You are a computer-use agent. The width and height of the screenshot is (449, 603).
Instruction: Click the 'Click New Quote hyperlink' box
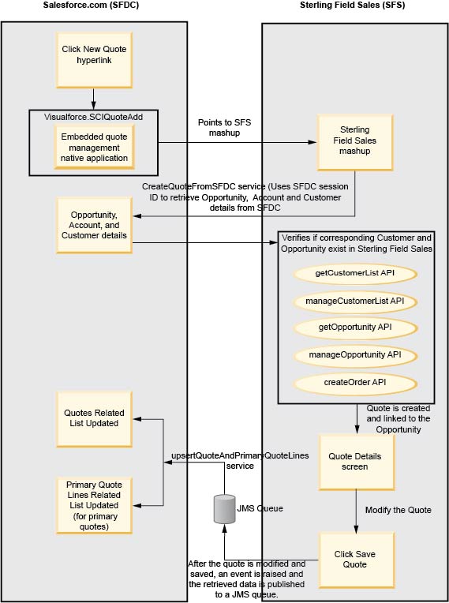94,55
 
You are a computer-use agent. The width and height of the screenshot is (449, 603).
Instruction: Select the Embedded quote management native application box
94,147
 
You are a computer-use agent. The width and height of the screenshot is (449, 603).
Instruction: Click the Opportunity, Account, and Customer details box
94,225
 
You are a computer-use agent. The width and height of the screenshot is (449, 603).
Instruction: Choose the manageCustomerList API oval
354,301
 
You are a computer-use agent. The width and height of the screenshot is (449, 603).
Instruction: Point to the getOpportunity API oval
354,328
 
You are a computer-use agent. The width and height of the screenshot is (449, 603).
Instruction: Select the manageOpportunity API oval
354,355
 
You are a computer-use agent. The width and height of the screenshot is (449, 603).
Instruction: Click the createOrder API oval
354,383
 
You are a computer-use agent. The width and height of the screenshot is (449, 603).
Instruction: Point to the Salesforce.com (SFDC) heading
92,6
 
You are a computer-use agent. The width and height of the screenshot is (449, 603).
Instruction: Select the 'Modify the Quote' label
398,510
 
